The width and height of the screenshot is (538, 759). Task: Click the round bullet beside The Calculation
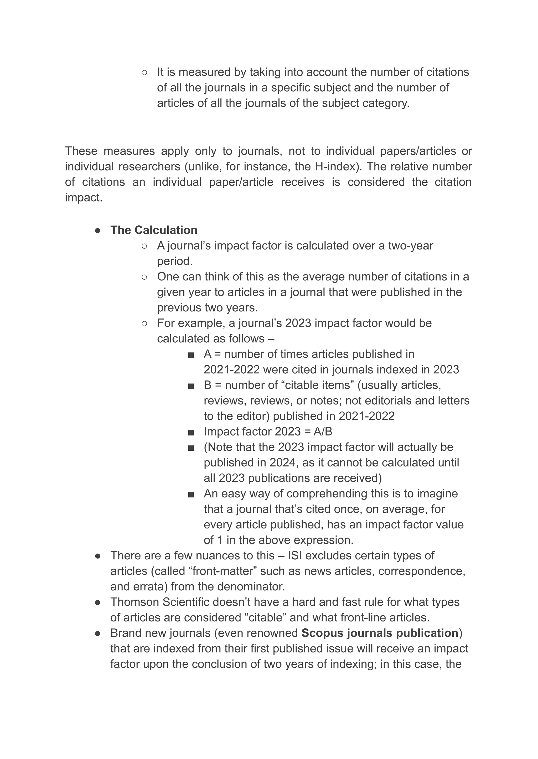[98, 231]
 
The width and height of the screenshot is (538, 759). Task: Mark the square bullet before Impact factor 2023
[190, 432]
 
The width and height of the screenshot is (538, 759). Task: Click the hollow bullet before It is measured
[144, 72]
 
